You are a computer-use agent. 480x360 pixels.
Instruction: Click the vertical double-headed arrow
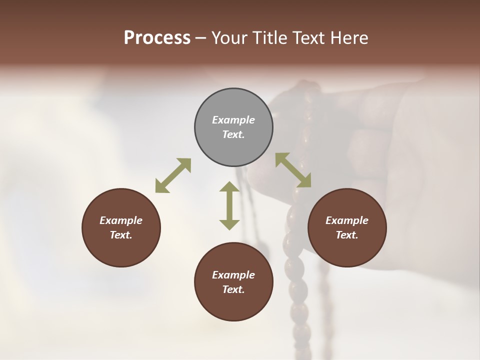(229, 205)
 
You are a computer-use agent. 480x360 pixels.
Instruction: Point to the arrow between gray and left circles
(173, 175)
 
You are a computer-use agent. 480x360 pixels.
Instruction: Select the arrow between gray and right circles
(293, 170)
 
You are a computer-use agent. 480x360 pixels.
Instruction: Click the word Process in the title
(157, 37)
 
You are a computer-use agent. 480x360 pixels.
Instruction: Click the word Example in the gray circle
(233, 120)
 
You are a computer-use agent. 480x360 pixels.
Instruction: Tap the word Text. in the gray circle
(233, 134)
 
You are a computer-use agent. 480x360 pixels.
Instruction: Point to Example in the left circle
(121, 220)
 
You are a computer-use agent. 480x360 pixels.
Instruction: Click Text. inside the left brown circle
(121, 235)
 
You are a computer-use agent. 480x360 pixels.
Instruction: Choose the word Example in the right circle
(347, 220)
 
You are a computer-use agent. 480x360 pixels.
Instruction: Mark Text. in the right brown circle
(347, 235)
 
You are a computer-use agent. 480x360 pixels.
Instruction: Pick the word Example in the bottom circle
(233, 275)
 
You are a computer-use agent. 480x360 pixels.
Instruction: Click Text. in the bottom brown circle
(233, 289)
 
